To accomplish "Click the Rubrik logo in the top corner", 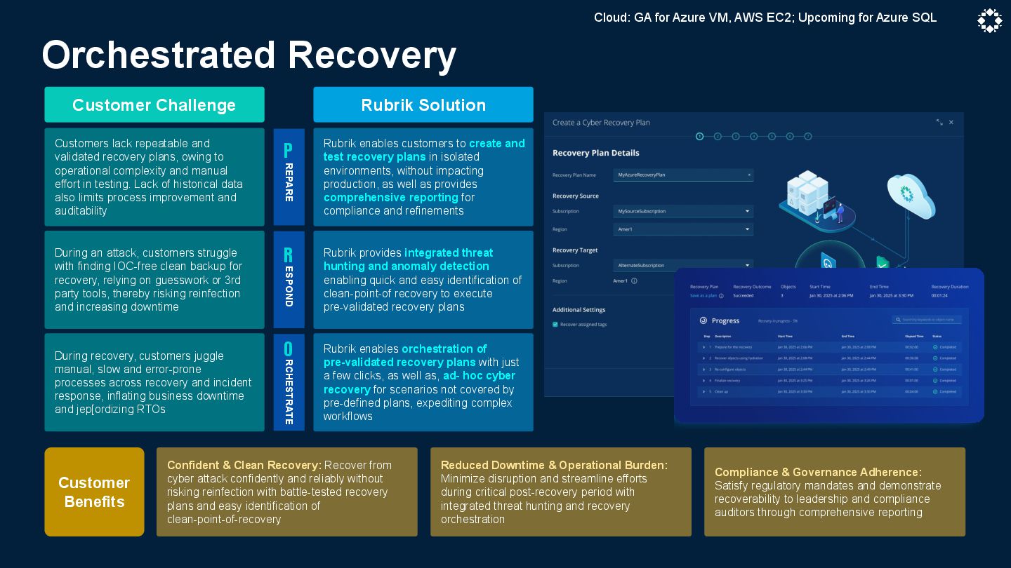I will click(x=989, y=21).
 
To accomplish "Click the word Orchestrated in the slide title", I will click(x=159, y=55).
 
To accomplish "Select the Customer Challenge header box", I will click(x=154, y=105).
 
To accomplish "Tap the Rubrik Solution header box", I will click(x=423, y=105).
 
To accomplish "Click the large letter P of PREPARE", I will click(x=288, y=151).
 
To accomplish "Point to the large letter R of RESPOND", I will click(x=288, y=255).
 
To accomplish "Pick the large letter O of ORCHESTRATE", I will click(x=288, y=349).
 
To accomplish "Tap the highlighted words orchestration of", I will click(x=444, y=349).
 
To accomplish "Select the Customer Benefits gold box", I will click(x=94, y=492).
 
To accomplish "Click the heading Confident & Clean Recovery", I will click(x=244, y=465).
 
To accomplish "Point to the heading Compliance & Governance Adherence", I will click(x=818, y=472).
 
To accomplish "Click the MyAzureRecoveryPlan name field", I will click(x=682, y=175).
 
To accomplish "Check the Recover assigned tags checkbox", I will click(x=555, y=325).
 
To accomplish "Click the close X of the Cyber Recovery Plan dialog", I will click(x=951, y=123).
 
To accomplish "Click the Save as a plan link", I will click(x=703, y=296).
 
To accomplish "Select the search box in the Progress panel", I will click(x=927, y=320).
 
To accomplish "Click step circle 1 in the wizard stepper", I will click(x=699, y=137).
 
